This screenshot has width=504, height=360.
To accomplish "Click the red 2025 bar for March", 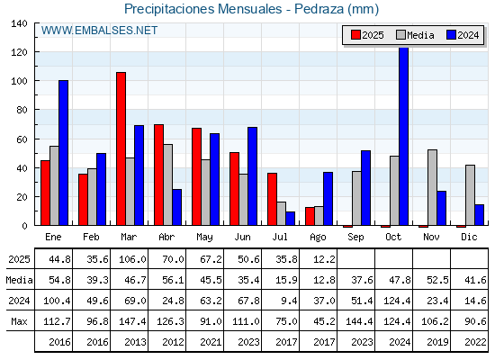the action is [121, 148].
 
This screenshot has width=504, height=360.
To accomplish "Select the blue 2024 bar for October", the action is [404, 136].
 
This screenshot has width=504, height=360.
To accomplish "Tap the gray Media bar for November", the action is [432, 187].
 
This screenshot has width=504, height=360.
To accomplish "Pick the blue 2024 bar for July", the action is [290, 218].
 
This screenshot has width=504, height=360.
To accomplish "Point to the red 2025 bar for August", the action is [310, 216].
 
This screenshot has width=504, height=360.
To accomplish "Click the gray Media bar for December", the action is [470, 195].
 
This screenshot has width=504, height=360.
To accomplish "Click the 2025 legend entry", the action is [367, 35].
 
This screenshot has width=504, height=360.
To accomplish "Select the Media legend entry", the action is [415, 35].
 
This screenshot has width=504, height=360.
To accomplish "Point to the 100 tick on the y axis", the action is [19, 81].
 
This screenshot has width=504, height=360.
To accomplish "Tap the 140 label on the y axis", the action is [19, 23].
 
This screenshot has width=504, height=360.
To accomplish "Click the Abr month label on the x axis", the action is [166, 237].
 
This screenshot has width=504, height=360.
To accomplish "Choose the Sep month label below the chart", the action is [355, 237].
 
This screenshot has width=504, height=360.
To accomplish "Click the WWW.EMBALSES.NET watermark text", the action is [99, 31].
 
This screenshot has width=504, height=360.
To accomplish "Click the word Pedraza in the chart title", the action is [319, 9].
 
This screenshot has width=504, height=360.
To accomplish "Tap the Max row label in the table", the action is [19, 321].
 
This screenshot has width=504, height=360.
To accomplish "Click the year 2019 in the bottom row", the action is [437, 342].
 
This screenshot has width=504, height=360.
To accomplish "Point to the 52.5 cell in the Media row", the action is [437, 280].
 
